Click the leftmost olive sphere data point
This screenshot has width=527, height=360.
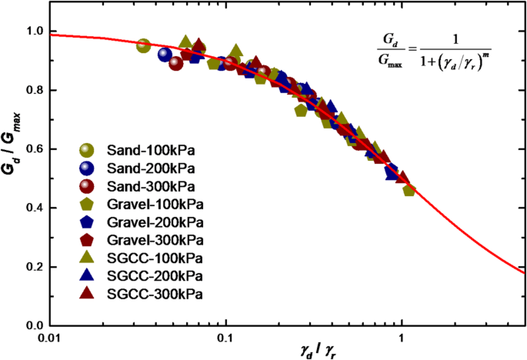143,45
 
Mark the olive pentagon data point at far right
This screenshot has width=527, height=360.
409,189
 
